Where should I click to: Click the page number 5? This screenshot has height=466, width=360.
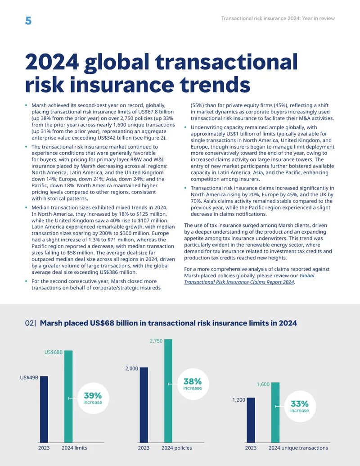pyautogui.click(x=28, y=21)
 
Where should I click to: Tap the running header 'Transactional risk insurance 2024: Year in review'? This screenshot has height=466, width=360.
pyautogui.click(x=278, y=18)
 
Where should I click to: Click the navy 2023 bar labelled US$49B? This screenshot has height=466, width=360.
pyautogui.click(x=44, y=409)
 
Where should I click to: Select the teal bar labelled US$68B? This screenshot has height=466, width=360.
pyautogui.click(x=68, y=397)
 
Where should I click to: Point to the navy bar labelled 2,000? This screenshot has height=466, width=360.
pyautogui.click(x=144, y=405)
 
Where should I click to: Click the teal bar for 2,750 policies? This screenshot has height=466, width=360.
pyautogui.click(x=168, y=391)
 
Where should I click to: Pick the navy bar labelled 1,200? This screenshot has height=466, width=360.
pyautogui.click(x=251, y=420)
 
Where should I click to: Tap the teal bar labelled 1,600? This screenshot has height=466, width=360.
pyautogui.click(x=275, y=412)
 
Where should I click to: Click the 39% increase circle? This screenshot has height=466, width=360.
pyautogui.click(x=93, y=398)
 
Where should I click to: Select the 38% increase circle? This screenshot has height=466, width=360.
pyautogui.click(x=193, y=384)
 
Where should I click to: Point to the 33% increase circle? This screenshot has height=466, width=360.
pyautogui.click(x=300, y=406)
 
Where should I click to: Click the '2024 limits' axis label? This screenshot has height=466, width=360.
pyautogui.click(x=75, y=448)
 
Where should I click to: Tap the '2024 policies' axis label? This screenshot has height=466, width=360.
pyautogui.click(x=177, y=448)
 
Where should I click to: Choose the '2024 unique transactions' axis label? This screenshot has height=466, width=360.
pyautogui.click(x=298, y=448)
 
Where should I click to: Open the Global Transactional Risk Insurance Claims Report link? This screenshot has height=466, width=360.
pyautogui.click(x=249, y=279)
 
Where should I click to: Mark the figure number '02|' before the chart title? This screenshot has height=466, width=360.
pyautogui.click(x=31, y=323)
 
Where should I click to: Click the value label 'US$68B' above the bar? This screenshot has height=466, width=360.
pyautogui.click(x=54, y=352)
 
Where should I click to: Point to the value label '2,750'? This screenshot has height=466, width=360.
pyautogui.click(x=156, y=341)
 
